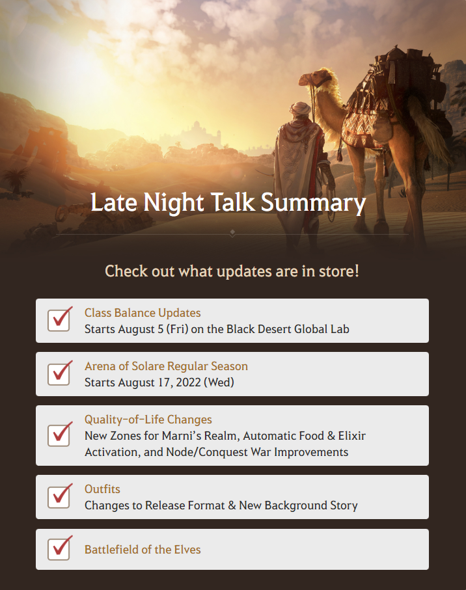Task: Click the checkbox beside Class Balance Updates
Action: (x=59, y=321)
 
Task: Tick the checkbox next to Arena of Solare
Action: (x=59, y=374)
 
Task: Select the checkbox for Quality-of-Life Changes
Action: (x=59, y=435)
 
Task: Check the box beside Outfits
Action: (x=59, y=497)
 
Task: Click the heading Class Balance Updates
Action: (x=143, y=313)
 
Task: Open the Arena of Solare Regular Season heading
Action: (x=166, y=366)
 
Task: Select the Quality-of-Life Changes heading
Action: (x=148, y=420)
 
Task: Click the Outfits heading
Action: (x=102, y=489)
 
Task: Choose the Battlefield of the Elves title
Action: (x=143, y=550)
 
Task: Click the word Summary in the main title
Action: (x=313, y=203)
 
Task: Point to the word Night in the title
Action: (x=174, y=203)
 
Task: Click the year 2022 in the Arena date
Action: (x=188, y=382)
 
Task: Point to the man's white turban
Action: (x=301, y=109)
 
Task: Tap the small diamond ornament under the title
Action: (x=232, y=232)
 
